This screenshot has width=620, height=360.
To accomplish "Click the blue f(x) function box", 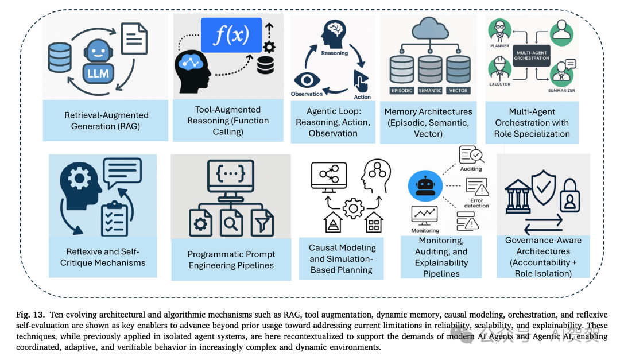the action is (231, 35).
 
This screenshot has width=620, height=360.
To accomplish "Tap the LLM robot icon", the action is (98, 61).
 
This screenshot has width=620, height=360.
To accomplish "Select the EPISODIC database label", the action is (402, 91).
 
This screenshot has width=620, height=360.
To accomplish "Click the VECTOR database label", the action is (458, 91).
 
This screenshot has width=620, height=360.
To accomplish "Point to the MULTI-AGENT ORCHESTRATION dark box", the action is (532, 55).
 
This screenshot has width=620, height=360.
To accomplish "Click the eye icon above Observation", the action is (307, 80).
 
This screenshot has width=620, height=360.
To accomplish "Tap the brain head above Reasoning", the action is (334, 34).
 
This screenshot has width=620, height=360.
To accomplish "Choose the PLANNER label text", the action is (500, 46).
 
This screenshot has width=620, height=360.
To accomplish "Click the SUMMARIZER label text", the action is (561, 91).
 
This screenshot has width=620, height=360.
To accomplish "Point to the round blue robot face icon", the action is (425, 186).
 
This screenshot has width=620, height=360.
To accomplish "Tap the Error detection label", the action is (476, 203).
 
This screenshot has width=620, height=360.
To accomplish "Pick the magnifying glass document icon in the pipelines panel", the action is (231, 223).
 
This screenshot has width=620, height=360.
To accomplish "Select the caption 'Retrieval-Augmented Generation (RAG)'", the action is (106, 121).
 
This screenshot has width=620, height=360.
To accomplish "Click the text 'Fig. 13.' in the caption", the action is (30, 315).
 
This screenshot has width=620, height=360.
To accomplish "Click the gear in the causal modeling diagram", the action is (353, 208).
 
